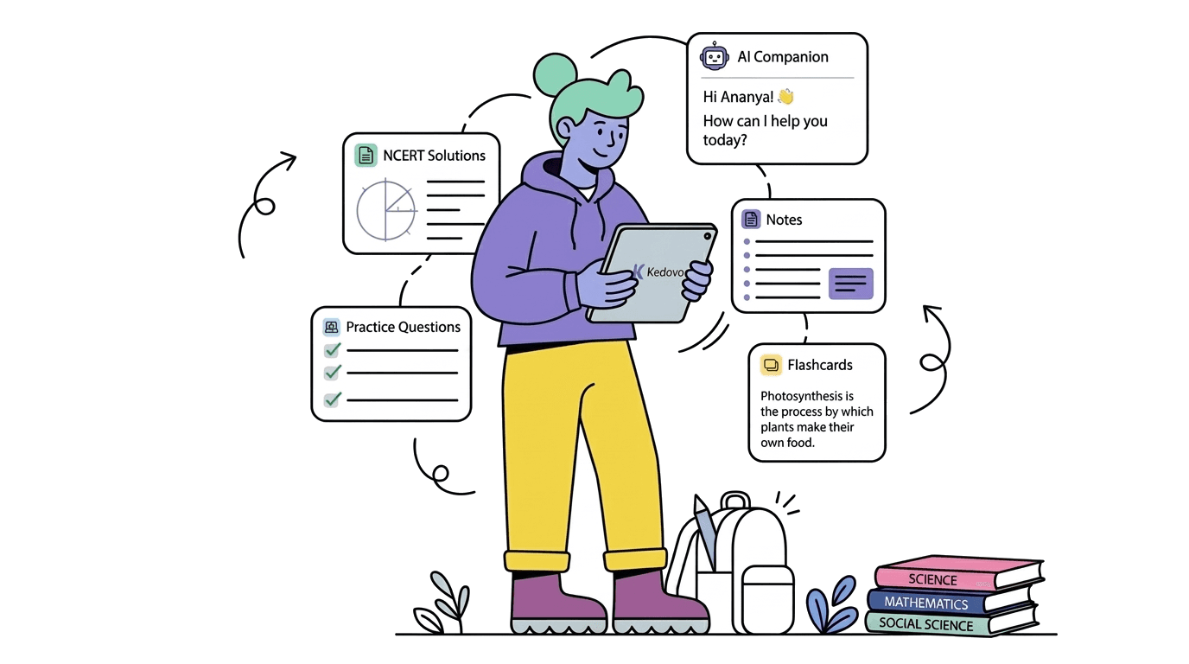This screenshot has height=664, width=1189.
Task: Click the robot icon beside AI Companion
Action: coord(714,56)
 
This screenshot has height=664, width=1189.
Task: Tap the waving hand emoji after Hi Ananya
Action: coord(785,96)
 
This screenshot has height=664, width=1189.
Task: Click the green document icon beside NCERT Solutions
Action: coord(366,156)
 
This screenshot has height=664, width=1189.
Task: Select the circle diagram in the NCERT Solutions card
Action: coord(386,210)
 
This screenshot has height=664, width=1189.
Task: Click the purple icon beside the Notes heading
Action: coord(751,219)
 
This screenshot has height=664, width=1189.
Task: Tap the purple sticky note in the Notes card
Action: coord(850,283)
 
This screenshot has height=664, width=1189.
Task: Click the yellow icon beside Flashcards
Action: coord(771,365)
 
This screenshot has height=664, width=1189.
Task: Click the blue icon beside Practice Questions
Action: coord(331,327)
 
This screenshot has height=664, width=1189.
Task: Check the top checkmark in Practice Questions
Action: coord(333,350)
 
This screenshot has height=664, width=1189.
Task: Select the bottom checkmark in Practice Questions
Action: coord(333,399)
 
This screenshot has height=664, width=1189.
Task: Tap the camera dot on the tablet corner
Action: coord(707,236)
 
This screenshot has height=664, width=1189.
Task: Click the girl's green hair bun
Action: coord(555,75)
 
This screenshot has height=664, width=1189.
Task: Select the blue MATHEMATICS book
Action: coord(951,600)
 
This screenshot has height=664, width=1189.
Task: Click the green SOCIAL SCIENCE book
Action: coord(951,622)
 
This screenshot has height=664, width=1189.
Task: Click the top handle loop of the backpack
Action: coord(735,500)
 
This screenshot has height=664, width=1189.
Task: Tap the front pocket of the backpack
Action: coord(767,599)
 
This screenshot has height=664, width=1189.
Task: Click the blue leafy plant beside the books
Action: coord(831,604)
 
